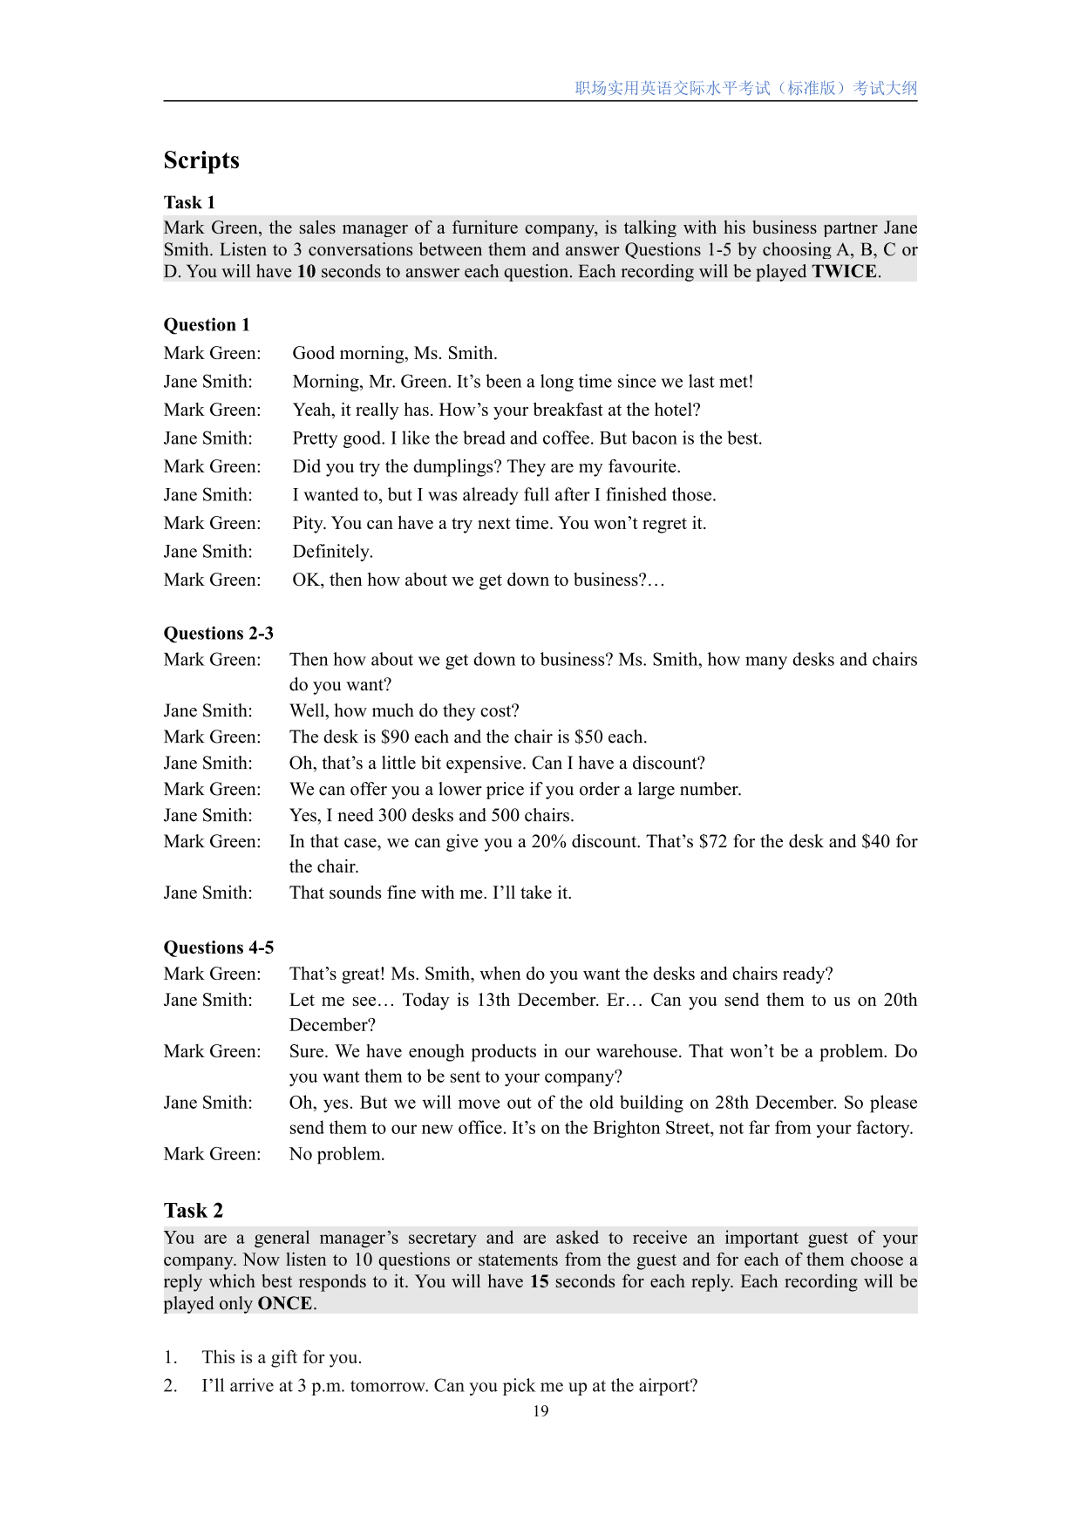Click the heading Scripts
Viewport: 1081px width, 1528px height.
201,160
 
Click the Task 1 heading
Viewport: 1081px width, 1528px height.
189,202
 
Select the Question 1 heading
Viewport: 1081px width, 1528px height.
207,325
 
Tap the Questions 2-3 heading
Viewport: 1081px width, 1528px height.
219,633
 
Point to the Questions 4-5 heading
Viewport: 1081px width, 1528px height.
219,947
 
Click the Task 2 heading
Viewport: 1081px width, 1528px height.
194,1211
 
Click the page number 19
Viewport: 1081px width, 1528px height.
540,1411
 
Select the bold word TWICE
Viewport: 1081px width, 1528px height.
844,272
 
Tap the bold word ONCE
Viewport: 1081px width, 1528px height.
284,1304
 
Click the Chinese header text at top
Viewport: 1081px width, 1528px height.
745,88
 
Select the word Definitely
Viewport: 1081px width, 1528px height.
332,552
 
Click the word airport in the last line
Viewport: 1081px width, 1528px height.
666,1386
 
